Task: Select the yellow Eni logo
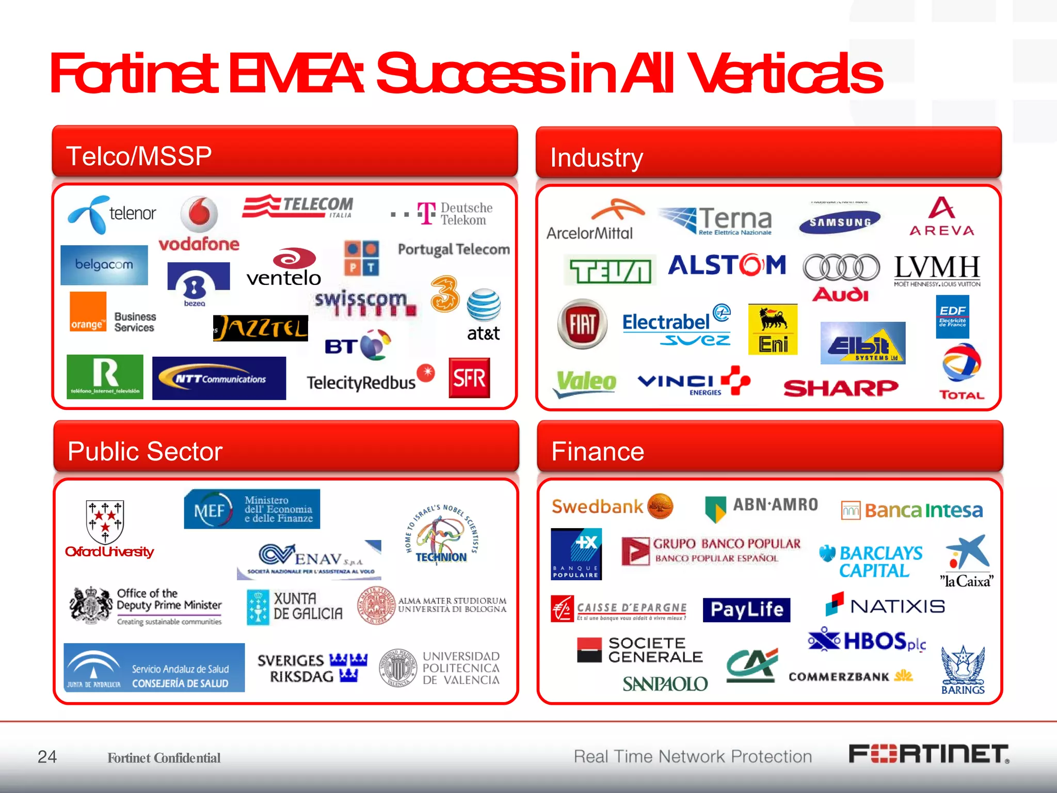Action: (773, 329)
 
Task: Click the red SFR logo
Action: (469, 378)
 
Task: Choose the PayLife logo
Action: (746, 610)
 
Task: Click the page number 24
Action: (47, 756)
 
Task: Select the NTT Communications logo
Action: (219, 378)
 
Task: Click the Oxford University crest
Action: (105, 520)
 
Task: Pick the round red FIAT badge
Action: (582, 324)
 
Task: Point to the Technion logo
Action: (441, 535)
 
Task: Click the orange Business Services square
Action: (88, 312)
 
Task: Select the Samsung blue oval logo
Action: (840, 222)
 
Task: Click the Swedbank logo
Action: (612, 506)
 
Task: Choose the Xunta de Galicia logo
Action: (295, 607)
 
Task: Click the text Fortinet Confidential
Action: (164, 758)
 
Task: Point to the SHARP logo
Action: (841, 388)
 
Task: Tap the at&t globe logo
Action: (484, 306)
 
